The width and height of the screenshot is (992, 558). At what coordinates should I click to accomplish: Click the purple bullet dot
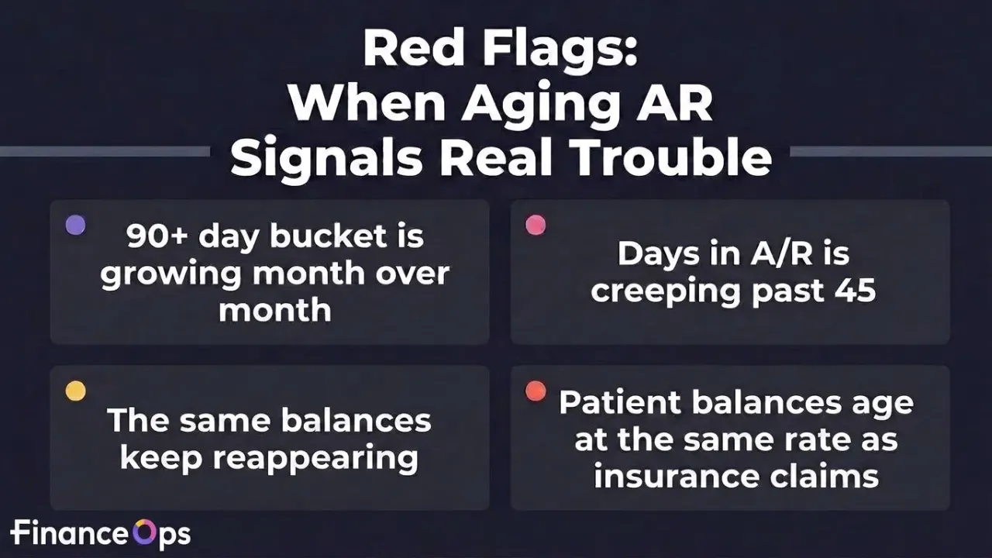click(75, 225)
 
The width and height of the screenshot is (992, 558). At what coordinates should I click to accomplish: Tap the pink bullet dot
click(536, 225)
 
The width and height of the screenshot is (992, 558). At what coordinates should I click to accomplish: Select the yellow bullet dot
click(75, 391)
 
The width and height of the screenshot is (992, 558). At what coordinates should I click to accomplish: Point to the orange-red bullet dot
click(536, 391)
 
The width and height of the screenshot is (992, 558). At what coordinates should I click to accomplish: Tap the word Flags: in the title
click(560, 52)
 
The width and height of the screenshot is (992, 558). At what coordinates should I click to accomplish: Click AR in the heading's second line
click(674, 102)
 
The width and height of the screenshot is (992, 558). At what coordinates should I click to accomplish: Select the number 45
click(856, 291)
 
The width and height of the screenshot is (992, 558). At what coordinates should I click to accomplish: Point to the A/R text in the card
click(782, 253)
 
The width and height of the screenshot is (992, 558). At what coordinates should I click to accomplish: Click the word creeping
click(666, 292)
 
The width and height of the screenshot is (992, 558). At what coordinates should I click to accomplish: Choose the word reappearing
click(315, 458)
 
